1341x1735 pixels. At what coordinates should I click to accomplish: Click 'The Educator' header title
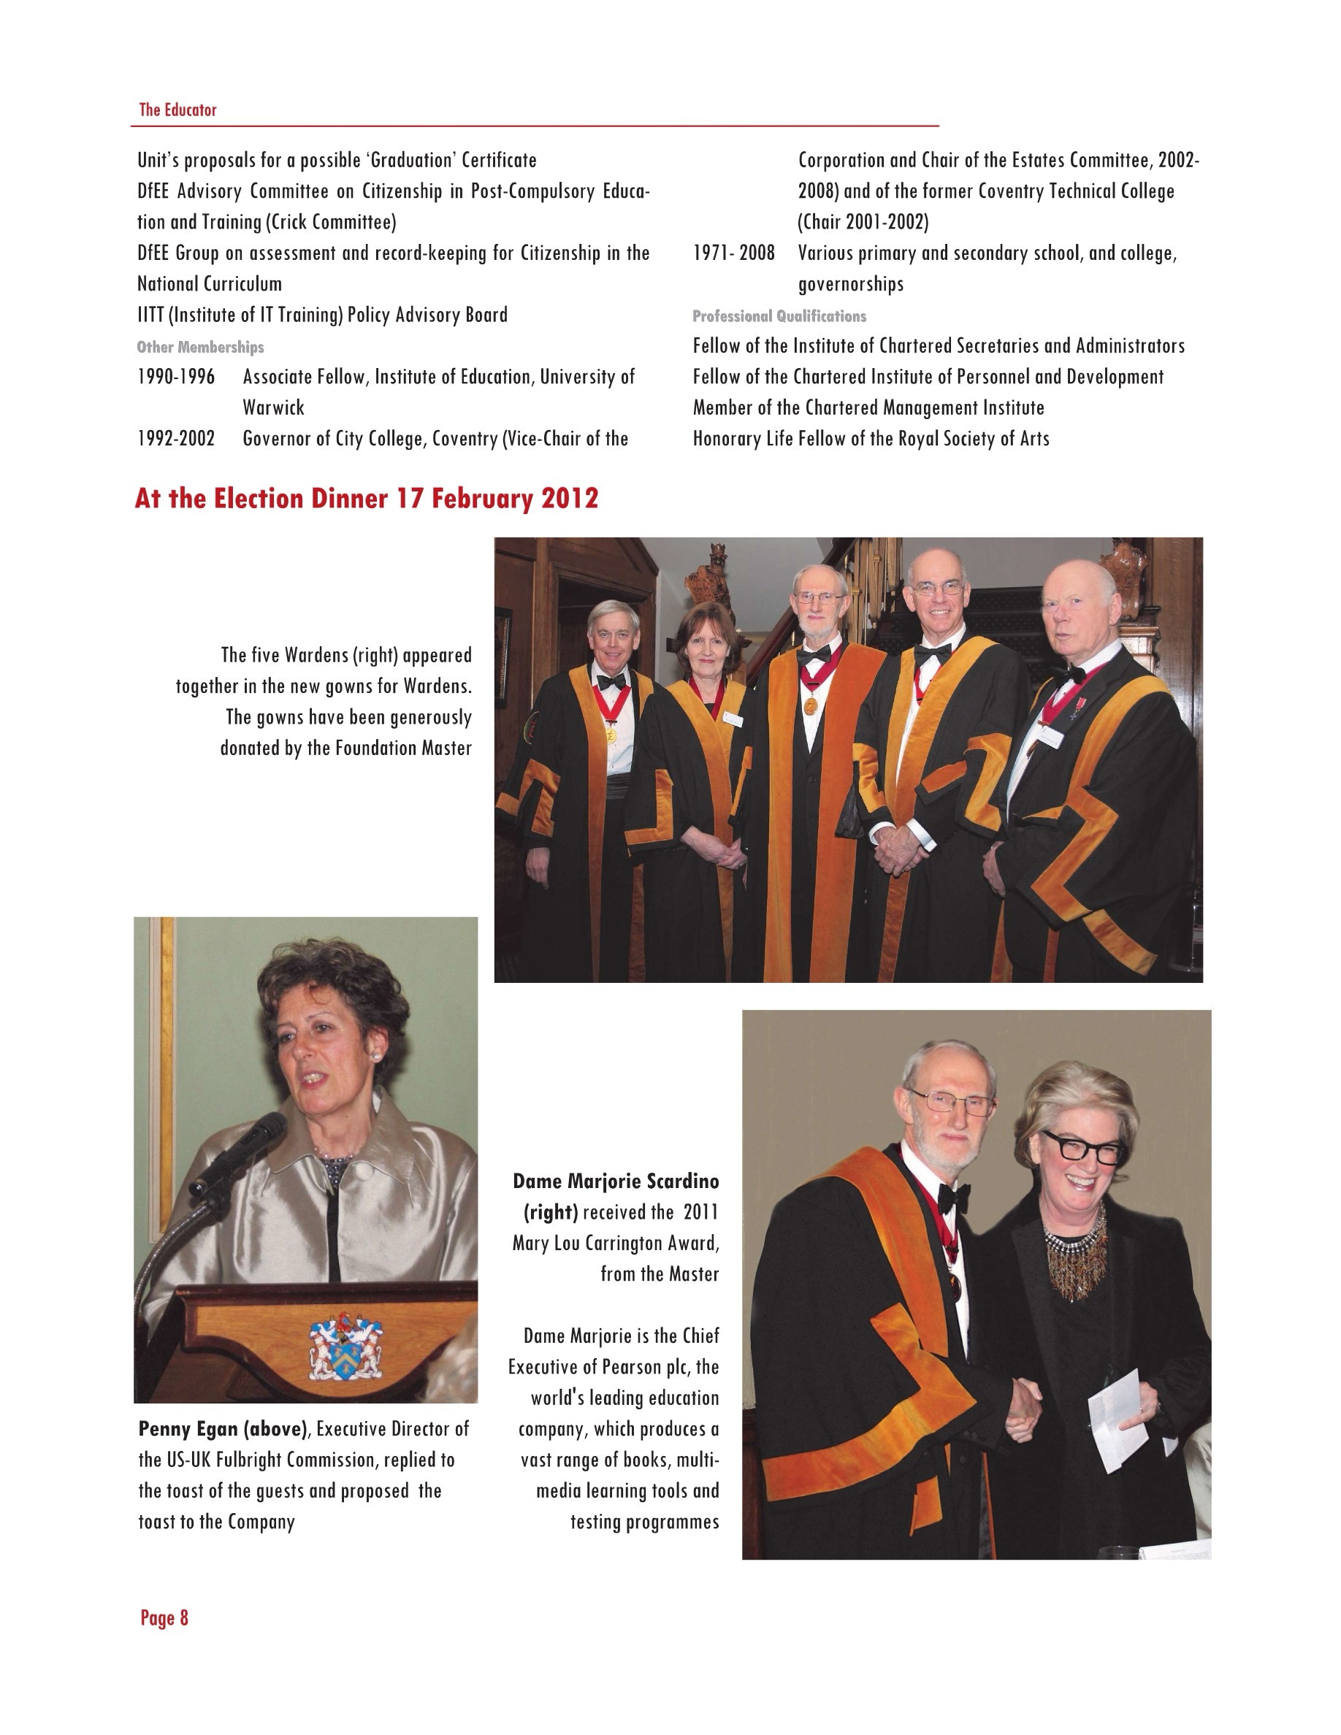click(177, 110)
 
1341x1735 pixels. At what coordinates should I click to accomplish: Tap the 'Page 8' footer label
click(164, 1617)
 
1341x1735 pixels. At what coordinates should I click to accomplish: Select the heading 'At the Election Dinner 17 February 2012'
click(366, 498)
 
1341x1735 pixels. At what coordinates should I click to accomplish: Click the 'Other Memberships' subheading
click(200, 347)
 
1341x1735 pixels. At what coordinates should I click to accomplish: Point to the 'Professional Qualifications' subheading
click(779, 316)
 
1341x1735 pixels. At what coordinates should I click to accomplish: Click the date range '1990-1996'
click(175, 377)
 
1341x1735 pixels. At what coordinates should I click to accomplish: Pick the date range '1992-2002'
click(175, 439)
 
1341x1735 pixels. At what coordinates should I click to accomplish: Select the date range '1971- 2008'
click(733, 253)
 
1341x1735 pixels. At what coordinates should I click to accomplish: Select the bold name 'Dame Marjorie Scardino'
click(616, 1181)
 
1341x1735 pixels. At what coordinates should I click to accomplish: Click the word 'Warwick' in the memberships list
click(273, 407)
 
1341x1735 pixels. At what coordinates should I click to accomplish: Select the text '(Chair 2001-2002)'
click(863, 222)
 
